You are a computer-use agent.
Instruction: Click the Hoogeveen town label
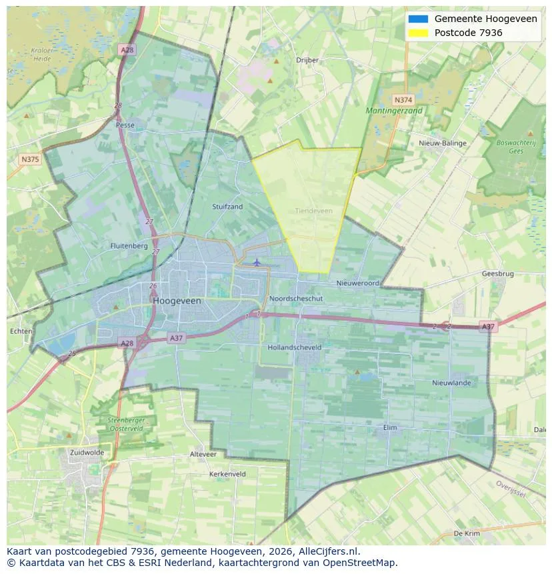[177, 301]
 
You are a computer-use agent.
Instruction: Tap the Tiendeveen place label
[313, 211]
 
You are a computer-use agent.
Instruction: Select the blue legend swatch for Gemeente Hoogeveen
[419, 19]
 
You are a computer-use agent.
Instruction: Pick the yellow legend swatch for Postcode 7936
[419, 33]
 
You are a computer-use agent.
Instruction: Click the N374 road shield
[401, 97]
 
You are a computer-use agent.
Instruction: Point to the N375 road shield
[30, 159]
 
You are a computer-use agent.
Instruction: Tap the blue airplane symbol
[257, 262]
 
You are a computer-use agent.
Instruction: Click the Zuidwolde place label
[87, 452]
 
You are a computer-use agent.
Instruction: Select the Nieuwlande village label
[451, 383]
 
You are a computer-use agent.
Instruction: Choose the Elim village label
[391, 427]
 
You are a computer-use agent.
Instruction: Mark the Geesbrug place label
[497, 273]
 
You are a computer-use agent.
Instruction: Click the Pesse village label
[125, 125]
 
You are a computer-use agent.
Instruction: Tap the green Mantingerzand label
[394, 111]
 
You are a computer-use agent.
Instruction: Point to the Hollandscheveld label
[294, 347]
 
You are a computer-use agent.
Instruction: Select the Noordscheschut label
[296, 299]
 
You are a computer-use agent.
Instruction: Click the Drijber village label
[307, 60]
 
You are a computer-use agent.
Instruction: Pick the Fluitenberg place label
[129, 245]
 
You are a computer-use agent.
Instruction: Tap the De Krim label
[467, 533]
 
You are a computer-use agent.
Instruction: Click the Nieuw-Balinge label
[443, 143]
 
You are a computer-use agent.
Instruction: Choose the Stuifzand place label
[227, 207]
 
